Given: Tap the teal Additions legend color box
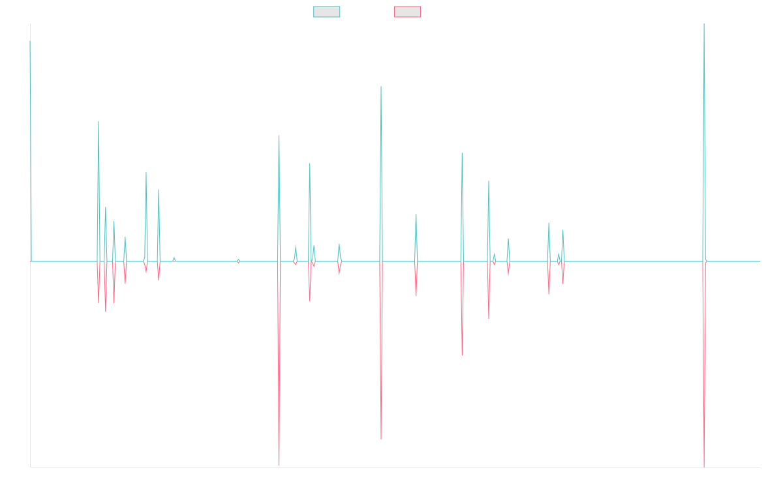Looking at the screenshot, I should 327,12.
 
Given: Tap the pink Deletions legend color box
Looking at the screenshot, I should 408,12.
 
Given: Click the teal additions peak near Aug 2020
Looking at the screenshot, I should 381,87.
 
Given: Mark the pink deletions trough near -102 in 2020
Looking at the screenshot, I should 381,439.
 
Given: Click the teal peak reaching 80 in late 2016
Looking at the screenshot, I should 99,122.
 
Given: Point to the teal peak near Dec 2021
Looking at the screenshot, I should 462,154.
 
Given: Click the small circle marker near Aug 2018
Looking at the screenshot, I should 238,261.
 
